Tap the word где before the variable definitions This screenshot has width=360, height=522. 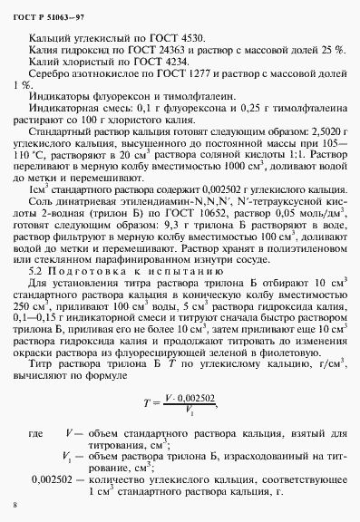tap(36, 435)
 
